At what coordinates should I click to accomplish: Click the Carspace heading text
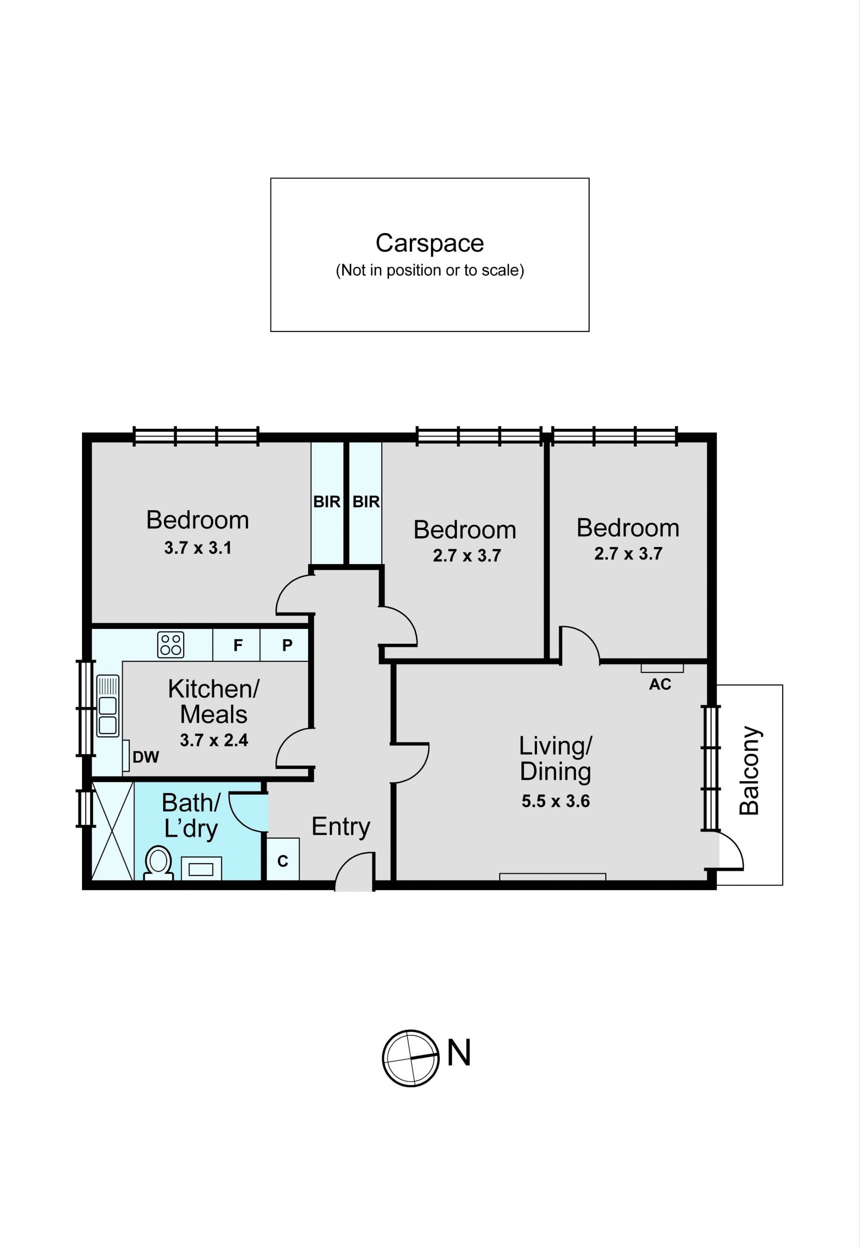430,243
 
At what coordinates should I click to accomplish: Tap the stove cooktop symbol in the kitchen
171,645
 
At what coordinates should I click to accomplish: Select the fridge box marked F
236,645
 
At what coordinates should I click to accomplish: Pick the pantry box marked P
284,645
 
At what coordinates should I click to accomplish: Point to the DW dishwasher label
146,757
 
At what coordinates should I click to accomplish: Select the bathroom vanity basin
201,868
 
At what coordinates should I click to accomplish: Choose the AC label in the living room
660,684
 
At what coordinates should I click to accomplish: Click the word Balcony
749,770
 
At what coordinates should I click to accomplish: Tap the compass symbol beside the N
411,1059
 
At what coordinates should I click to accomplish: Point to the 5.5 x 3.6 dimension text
555,801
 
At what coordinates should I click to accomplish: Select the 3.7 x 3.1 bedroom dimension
198,548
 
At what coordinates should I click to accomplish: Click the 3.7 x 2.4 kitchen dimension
214,740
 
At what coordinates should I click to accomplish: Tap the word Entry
340,827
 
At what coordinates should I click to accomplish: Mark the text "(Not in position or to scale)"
430,270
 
